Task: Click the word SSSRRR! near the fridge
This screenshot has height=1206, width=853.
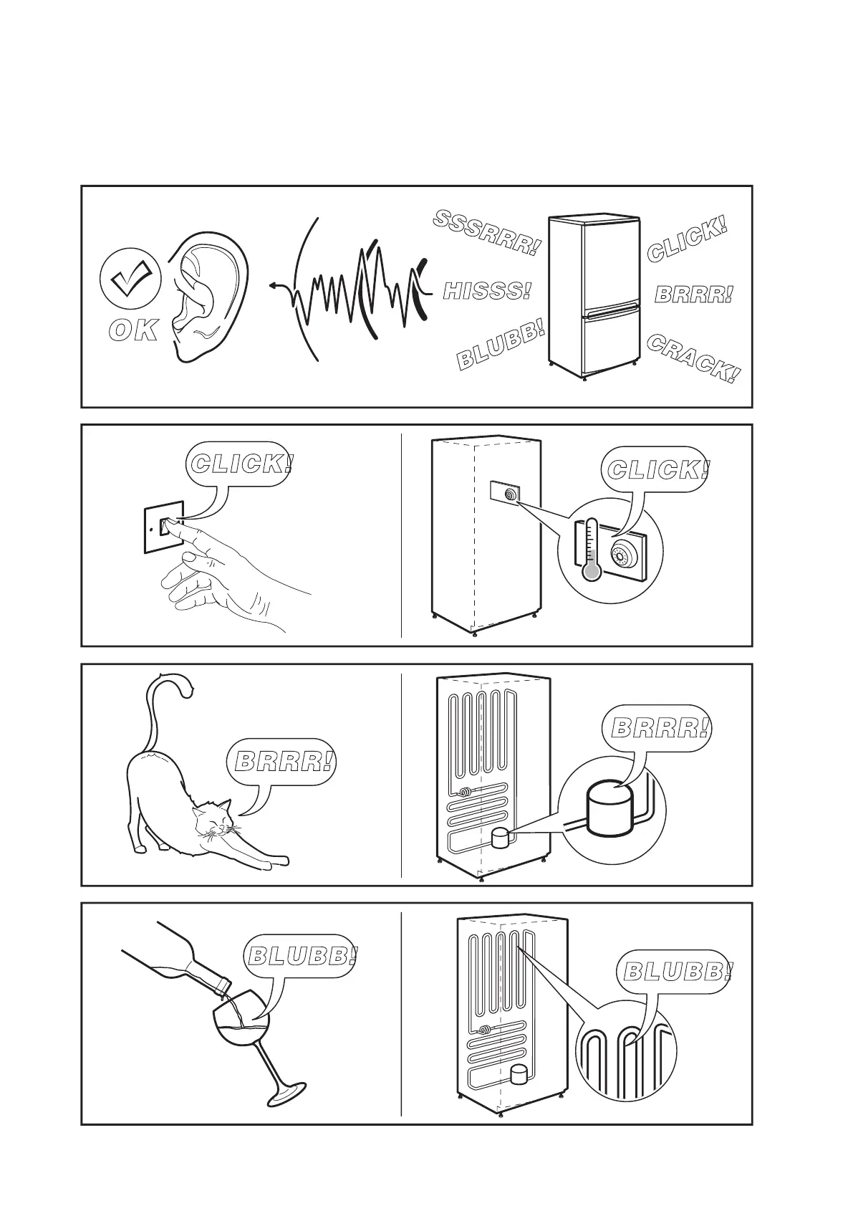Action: coord(486,232)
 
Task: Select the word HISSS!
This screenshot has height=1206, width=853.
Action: coord(487,292)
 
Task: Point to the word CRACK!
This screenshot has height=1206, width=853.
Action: coord(693,358)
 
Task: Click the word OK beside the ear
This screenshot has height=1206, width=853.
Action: coord(132,331)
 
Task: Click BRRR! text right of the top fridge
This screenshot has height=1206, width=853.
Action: coord(694,294)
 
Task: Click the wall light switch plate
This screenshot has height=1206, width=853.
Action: coord(165,527)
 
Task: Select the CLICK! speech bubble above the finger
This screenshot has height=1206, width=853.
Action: coord(241,464)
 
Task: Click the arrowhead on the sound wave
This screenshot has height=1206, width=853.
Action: coord(274,286)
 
